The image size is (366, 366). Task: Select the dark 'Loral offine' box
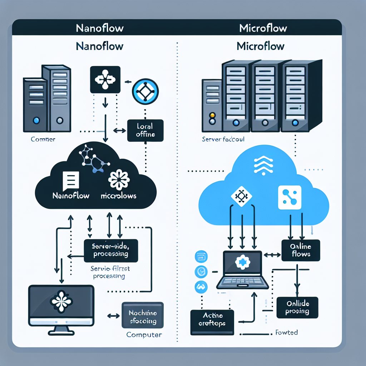[x=145, y=130]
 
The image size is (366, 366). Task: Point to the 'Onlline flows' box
[x=301, y=250]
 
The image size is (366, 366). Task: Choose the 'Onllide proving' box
[x=297, y=307]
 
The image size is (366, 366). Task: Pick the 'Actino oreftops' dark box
[x=212, y=322]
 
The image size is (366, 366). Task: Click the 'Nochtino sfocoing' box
[x=142, y=315]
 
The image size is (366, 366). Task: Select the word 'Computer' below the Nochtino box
[x=144, y=335]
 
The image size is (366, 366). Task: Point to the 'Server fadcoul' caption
[x=223, y=139]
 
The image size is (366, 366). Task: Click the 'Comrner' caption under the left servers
[x=43, y=139]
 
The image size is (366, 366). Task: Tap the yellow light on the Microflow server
[x=212, y=115]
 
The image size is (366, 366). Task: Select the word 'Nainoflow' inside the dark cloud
[x=71, y=196]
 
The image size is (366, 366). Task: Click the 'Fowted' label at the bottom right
[x=287, y=332]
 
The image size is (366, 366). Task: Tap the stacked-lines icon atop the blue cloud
[x=263, y=165]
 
